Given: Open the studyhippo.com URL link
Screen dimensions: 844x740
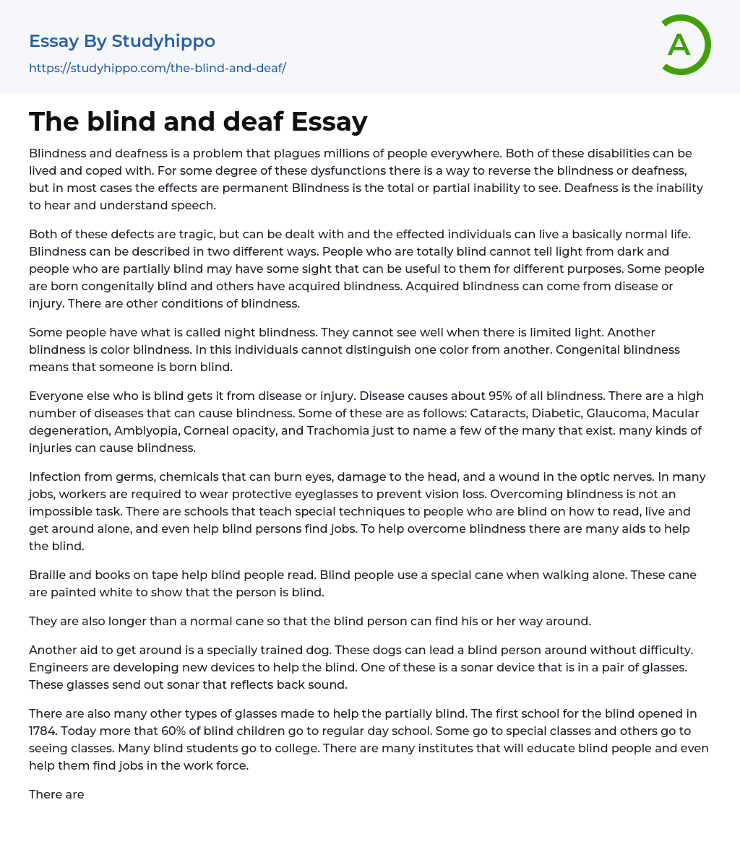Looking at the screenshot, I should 158,68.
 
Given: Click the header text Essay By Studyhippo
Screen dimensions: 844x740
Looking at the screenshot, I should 121,41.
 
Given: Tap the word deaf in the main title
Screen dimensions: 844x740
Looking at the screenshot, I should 247,122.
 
